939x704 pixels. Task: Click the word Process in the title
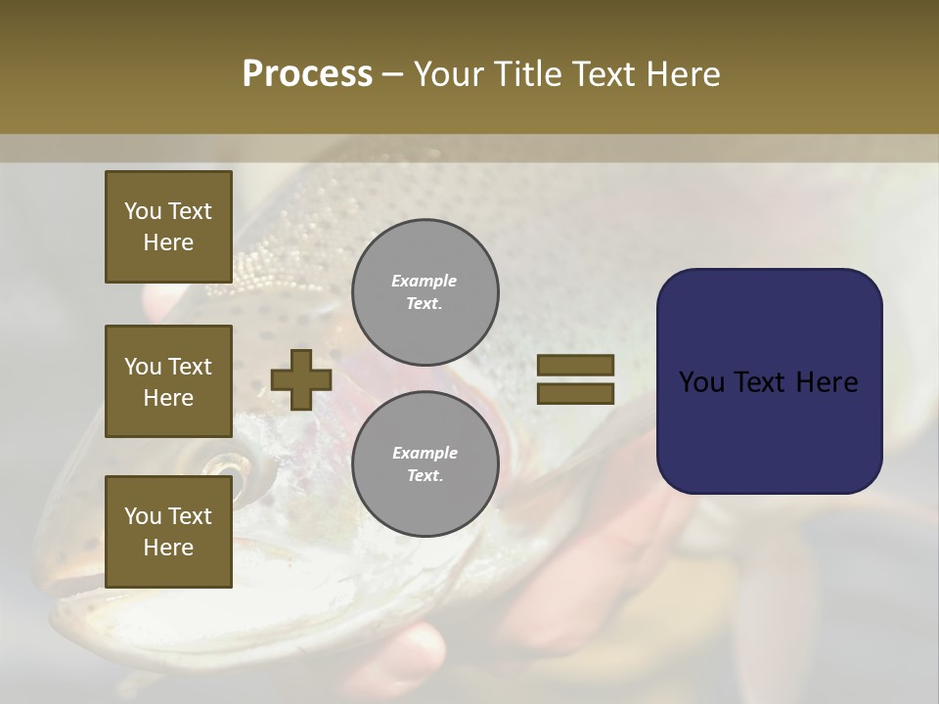pyautogui.click(x=307, y=74)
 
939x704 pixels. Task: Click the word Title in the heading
pyautogui.click(x=529, y=74)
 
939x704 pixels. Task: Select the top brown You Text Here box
pyautogui.click(x=168, y=227)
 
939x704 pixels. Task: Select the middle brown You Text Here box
pyautogui.click(x=168, y=381)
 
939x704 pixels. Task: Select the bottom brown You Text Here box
pyautogui.click(x=168, y=531)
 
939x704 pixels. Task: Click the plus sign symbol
pyautogui.click(x=301, y=379)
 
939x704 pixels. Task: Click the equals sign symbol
pyautogui.click(x=575, y=379)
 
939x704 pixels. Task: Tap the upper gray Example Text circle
pyautogui.click(x=425, y=291)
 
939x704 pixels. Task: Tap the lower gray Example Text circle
pyautogui.click(x=425, y=463)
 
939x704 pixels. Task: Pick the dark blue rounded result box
pyautogui.click(x=769, y=380)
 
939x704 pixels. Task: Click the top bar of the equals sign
pyautogui.click(x=575, y=365)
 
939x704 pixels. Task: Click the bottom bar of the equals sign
pyautogui.click(x=575, y=394)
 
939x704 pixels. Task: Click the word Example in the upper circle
pyautogui.click(x=425, y=281)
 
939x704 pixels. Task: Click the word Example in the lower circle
pyautogui.click(x=425, y=453)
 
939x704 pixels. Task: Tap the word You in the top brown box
pyautogui.click(x=142, y=211)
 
